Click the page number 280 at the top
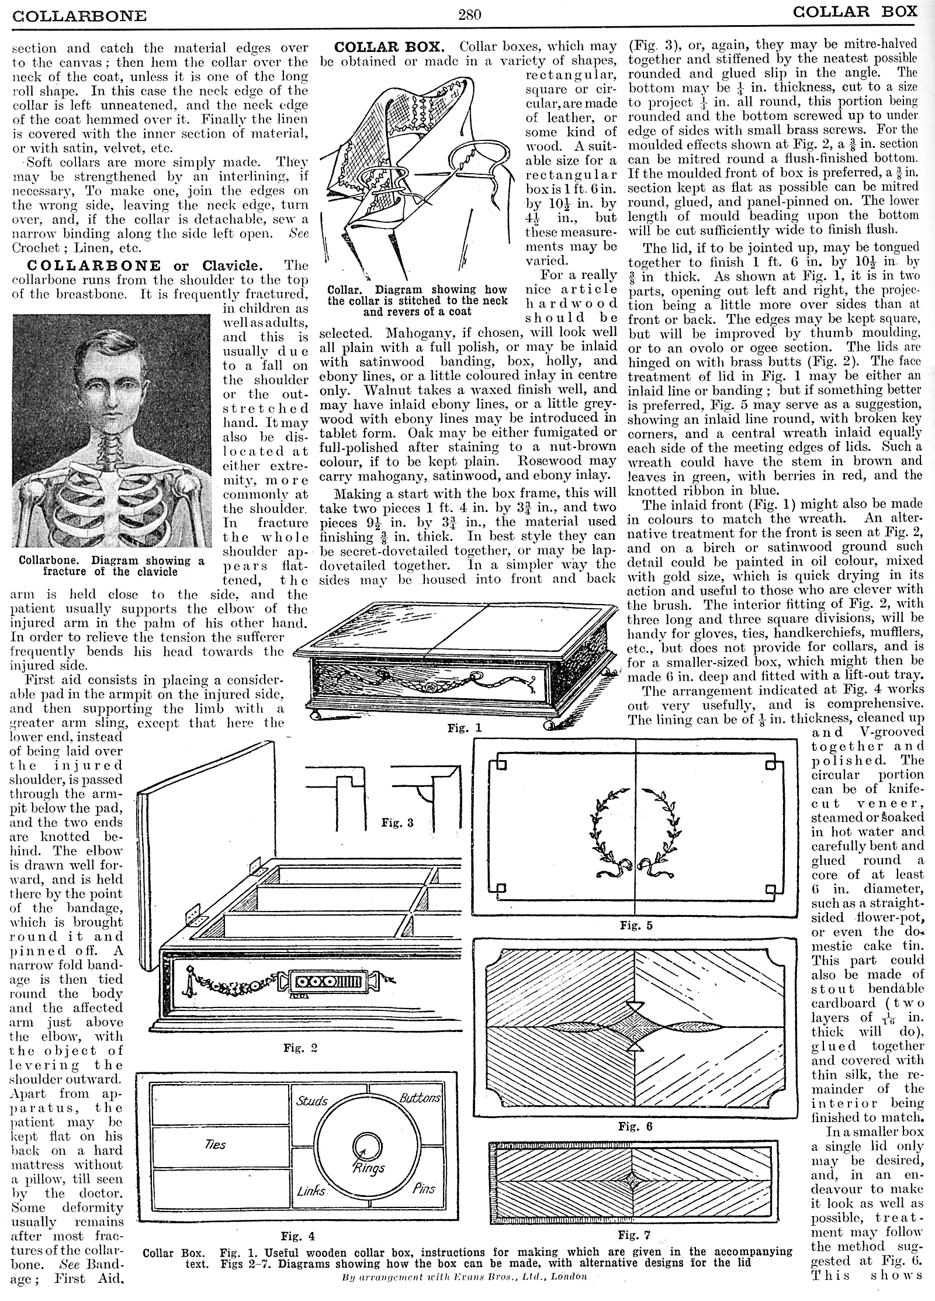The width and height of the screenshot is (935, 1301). click(470, 15)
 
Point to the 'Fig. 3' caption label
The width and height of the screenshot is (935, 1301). click(397, 823)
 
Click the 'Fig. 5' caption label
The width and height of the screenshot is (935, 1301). click(636, 926)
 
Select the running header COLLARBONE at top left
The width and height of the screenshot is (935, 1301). click(79, 15)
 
